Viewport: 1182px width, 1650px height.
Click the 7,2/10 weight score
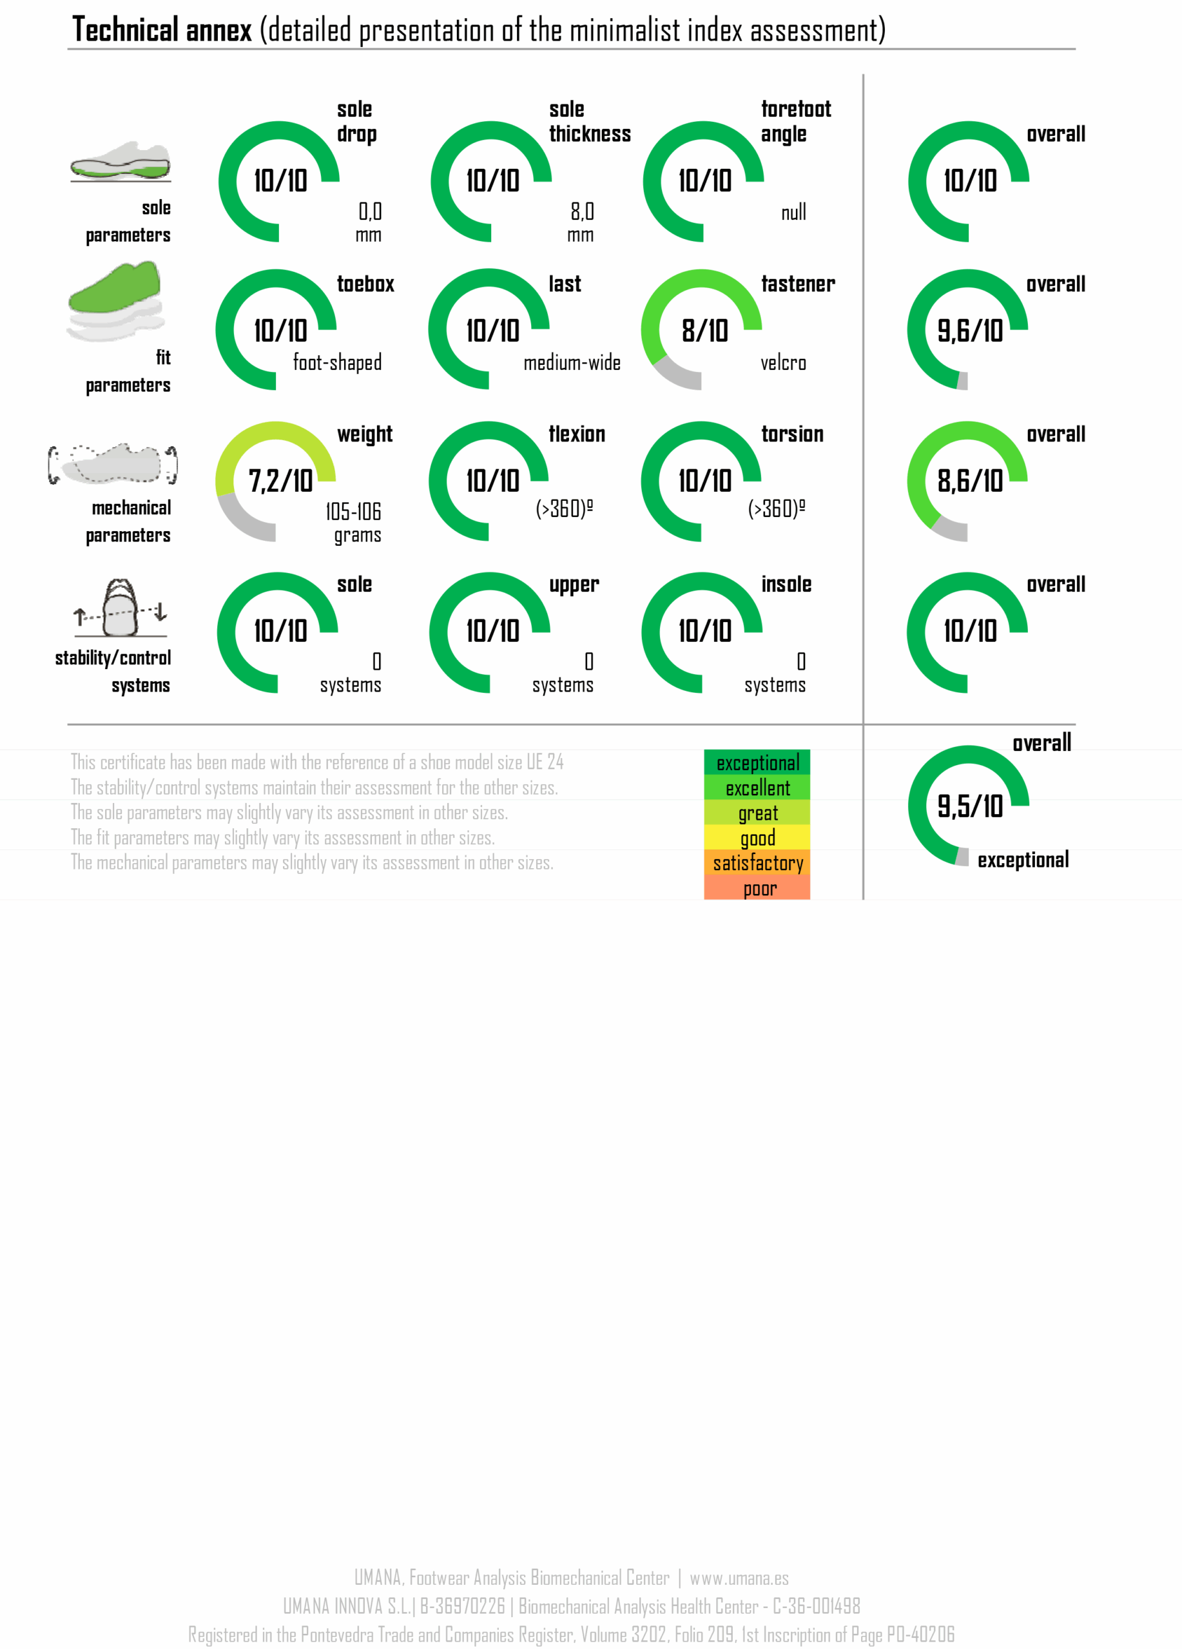point(280,481)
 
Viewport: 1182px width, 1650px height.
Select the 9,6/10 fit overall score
point(969,331)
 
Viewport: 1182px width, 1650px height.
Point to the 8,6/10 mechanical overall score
point(969,481)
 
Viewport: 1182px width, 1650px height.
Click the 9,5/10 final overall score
point(969,806)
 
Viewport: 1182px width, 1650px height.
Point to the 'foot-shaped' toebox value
point(337,362)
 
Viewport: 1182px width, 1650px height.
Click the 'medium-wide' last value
point(572,362)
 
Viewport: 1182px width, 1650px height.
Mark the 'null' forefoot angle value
point(793,213)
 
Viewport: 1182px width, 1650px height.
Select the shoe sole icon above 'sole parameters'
point(121,162)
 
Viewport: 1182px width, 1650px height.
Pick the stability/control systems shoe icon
point(121,608)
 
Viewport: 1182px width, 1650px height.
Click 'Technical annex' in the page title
point(162,30)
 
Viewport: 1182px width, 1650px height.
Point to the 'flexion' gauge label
point(576,434)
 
